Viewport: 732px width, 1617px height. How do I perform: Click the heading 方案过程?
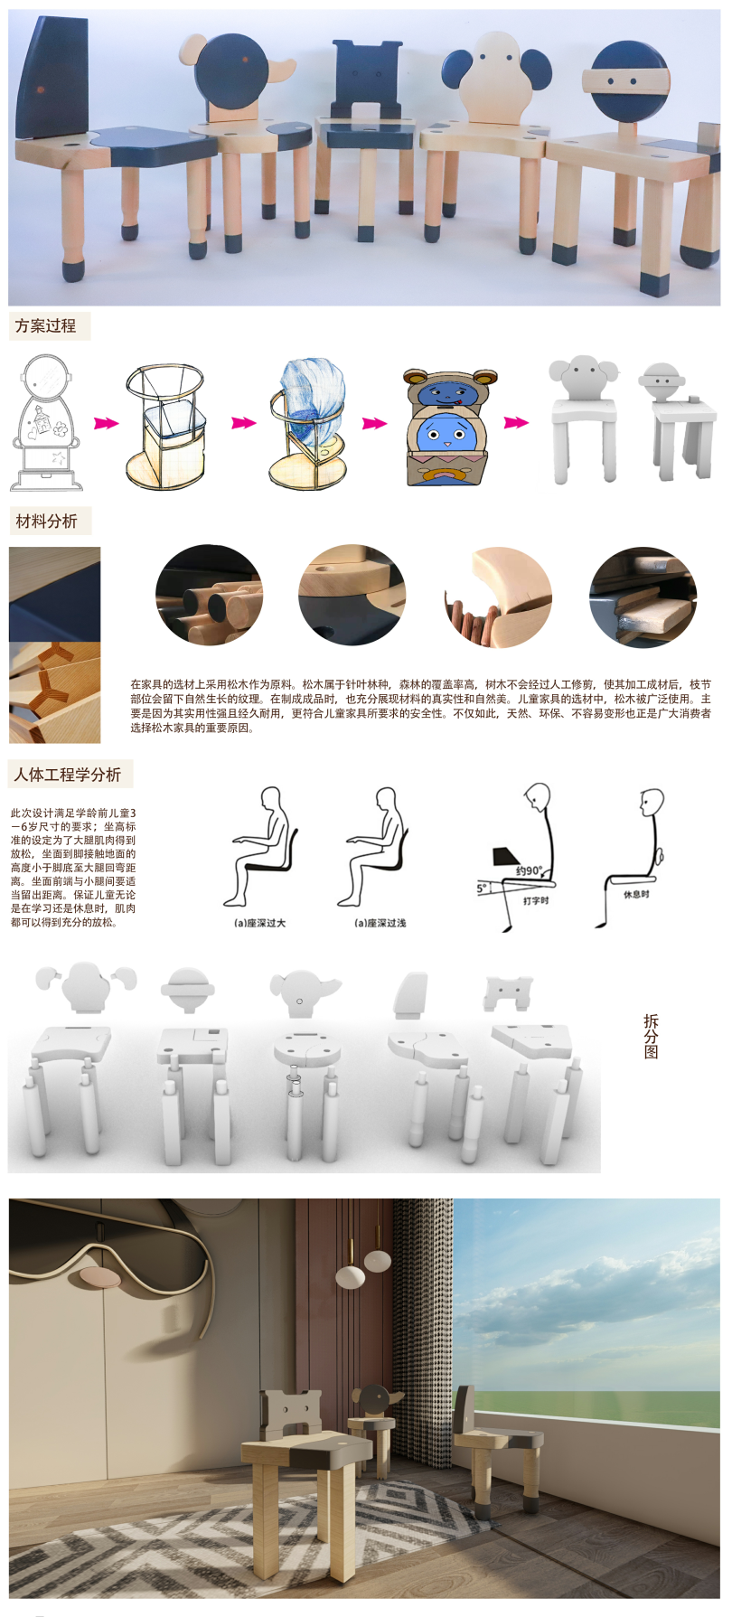click(x=46, y=326)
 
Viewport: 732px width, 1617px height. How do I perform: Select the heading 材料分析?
click(x=47, y=522)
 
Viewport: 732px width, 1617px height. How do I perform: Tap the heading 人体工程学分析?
click(x=68, y=775)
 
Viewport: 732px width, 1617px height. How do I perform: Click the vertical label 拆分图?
click(x=651, y=1036)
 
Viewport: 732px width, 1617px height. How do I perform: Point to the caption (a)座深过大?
click(x=260, y=923)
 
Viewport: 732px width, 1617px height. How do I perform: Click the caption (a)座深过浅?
click(x=380, y=923)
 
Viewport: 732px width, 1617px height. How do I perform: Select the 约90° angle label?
click(x=529, y=870)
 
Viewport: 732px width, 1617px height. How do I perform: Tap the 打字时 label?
click(x=536, y=900)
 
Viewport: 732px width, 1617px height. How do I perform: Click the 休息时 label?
click(x=636, y=894)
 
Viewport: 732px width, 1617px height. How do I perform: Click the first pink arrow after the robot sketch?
click(x=107, y=422)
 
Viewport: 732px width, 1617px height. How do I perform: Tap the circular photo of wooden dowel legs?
click(x=209, y=595)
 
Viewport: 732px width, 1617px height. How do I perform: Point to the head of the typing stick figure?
click(x=538, y=796)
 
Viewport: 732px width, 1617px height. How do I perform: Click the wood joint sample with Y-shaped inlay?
click(x=54, y=691)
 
